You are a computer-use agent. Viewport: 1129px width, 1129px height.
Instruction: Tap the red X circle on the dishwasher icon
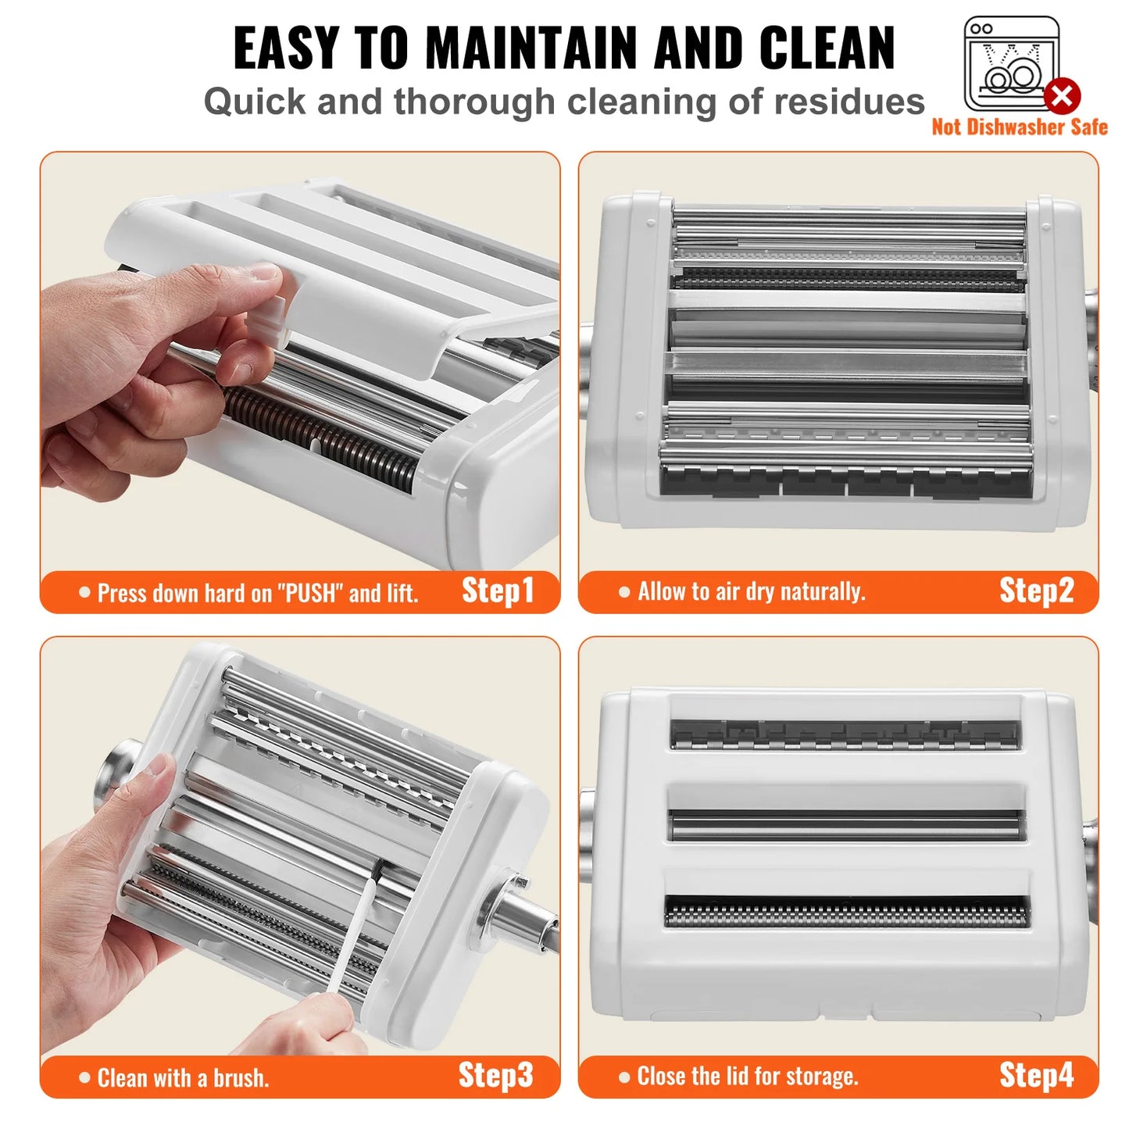pyautogui.click(x=1062, y=96)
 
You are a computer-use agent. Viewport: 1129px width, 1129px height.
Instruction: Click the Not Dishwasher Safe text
pyautogui.click(x=1019, y=127)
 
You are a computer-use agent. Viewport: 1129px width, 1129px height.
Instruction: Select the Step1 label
pyautogui.click(x=497, y=591)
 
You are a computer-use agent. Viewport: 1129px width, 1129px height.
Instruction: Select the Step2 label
pyautogui.click(x=1036, y=591)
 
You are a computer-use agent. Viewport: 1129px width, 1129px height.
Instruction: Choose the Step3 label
pyautogui.click(x=495, y=1076)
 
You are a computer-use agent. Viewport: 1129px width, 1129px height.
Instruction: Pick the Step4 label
pyautogui.click(x=1036, y=1076)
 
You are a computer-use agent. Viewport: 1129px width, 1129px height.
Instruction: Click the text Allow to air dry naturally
pyautogui.click(x=751, y=592)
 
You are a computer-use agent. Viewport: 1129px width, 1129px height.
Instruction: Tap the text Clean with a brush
pyautogui.click(x=183, y=1078)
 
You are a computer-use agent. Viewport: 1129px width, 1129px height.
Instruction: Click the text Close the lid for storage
pyautogui.click(x=748, y=1077)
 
